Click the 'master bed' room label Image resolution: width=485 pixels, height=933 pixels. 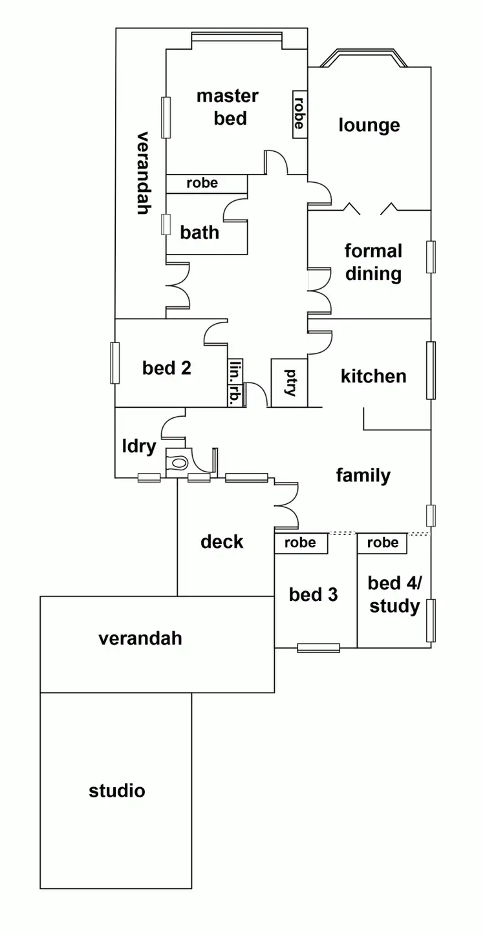227,107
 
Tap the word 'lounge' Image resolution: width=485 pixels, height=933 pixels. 369,125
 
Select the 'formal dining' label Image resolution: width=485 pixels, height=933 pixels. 373,262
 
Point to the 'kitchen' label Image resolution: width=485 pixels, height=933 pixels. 373,376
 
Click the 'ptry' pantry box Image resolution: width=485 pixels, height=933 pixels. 288,383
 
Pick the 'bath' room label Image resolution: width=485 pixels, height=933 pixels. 200,233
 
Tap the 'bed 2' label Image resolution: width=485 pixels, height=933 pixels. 167,368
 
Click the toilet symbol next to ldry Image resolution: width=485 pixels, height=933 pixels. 178,463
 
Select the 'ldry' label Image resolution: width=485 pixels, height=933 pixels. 139,446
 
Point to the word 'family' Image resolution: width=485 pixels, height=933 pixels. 363,476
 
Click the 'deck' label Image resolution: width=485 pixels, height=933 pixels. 222,541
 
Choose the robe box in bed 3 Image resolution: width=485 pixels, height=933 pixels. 301,543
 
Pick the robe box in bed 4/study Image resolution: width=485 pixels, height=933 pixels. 382,543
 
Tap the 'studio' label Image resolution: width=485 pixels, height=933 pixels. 117,790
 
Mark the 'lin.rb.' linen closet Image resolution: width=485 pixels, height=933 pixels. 235,383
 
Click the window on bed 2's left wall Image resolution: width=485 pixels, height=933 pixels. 115,362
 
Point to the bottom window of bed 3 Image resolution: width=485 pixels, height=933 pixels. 318,647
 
